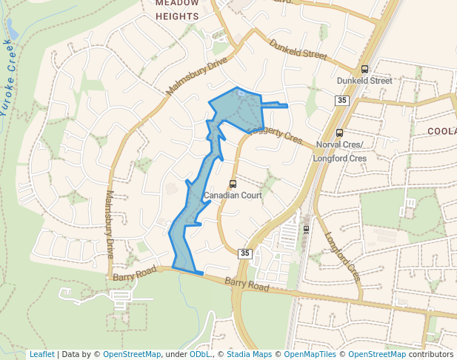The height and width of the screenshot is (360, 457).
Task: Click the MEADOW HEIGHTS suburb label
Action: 177,9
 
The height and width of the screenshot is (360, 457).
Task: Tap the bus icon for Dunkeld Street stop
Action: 364,69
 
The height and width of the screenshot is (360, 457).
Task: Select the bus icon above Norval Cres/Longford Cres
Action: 339,133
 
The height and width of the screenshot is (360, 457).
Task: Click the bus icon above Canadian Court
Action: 233,184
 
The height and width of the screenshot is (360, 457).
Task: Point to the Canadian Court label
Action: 232,196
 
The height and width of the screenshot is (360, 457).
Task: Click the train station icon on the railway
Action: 306,229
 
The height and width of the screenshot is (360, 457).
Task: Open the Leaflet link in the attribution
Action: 41,355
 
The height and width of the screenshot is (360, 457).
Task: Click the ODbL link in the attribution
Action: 199,355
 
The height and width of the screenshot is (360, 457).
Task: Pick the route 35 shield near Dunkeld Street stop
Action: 341,101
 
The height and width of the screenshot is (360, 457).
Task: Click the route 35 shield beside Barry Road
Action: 245,253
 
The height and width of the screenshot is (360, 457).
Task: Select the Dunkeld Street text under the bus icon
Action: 364,80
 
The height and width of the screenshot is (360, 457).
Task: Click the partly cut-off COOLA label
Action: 442,131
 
